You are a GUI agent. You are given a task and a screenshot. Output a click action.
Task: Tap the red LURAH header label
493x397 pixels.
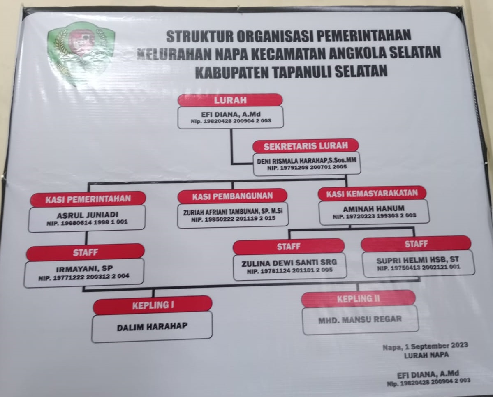[230, 100]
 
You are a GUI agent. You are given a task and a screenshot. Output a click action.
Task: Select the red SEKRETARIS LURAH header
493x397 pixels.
[306, 146]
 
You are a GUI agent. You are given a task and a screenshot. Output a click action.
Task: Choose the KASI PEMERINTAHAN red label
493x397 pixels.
[88, 199]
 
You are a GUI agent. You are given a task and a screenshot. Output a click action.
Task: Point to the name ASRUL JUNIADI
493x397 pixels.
[88, 215]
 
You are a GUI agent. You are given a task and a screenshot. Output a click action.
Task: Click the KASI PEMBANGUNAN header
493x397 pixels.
[232, 196]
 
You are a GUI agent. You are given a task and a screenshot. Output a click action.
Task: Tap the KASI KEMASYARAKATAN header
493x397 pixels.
[372, 193]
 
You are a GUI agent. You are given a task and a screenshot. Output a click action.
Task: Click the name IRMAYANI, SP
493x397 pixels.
[84, 269]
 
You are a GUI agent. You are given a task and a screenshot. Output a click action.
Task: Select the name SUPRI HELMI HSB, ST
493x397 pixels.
[417, 260]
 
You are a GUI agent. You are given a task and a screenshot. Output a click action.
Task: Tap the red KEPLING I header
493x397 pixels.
[153, 305]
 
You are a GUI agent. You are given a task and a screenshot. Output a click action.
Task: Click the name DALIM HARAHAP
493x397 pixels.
[152, 327]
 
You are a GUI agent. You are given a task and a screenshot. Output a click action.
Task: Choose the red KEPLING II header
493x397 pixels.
[359, 299]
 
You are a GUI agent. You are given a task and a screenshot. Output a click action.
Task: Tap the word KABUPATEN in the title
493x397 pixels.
[232, 72]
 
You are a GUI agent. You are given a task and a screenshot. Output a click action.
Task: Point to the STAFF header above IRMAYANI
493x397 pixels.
[85, 252]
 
